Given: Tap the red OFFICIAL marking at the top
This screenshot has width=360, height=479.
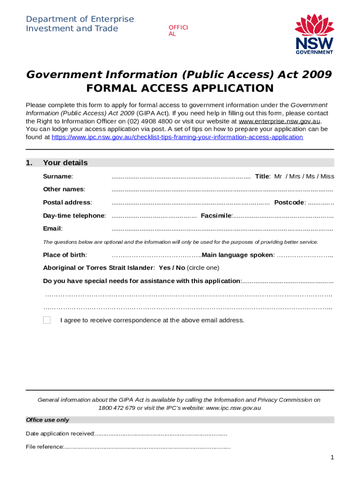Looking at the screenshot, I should [178, 31].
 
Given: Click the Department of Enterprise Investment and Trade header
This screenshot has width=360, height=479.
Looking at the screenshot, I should [79, 24].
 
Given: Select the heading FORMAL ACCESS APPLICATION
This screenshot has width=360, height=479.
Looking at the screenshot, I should [180, 88].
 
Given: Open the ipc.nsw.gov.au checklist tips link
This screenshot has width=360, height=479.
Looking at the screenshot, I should [177, 137].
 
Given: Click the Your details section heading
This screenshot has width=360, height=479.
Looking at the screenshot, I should [65, 163].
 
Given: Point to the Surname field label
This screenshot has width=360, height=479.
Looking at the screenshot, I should [58, 176].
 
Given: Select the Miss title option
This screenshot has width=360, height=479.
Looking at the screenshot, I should [327, 176].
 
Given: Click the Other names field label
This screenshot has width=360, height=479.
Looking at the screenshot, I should [64, 189].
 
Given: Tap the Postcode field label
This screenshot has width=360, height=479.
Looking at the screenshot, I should [290, 203].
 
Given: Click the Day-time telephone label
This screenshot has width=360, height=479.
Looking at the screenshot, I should [74, 216].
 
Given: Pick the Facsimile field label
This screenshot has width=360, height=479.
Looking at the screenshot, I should [216, 216].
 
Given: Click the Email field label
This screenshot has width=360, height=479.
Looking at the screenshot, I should [53, 229].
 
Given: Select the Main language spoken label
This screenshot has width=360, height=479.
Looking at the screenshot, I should [238, 255].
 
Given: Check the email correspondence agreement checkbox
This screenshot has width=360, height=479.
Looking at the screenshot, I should [47, 320].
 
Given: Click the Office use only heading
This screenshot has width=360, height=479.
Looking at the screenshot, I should [48, 420].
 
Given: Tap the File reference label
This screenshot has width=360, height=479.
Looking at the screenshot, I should [45, 447].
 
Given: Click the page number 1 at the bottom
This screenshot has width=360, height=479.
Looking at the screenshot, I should [332, 458].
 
